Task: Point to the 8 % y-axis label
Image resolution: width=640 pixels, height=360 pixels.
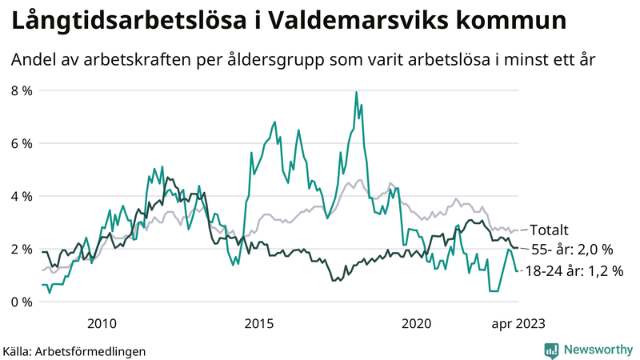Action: (x=22, y=90)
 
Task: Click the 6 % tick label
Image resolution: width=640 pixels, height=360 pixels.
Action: (x=22, y=143)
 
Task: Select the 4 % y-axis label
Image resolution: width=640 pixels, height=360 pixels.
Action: (x=22, y=196)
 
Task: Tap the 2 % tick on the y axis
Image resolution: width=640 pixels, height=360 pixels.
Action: (x=22, y=249)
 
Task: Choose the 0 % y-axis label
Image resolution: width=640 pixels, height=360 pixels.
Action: (x=22, y=302)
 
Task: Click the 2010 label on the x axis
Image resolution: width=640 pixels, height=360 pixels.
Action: (x=102, y=323)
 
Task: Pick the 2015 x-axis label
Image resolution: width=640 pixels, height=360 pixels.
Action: (x=258, y=323)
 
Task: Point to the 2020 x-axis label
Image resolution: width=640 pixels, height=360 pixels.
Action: (x=416, y=323)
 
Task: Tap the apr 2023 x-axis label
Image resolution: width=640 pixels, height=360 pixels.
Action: (x=518, y=323)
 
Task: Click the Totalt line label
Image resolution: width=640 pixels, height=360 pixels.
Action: (x=550, y=230)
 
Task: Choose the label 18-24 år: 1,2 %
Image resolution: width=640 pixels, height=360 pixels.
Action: (x=573, y=271)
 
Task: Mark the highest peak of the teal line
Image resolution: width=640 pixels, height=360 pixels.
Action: (x=355, y=92)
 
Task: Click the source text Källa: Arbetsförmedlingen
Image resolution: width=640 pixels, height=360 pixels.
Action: (x=74, y=350)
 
